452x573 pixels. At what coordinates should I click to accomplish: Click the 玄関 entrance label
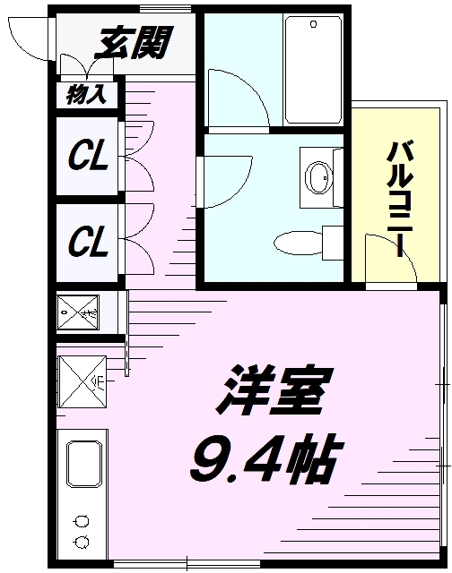135,42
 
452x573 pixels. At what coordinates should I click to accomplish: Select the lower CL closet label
89,241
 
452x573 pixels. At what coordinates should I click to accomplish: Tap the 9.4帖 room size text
262,460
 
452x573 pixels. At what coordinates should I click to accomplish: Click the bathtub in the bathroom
312,69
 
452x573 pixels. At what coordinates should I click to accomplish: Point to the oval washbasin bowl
317,176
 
